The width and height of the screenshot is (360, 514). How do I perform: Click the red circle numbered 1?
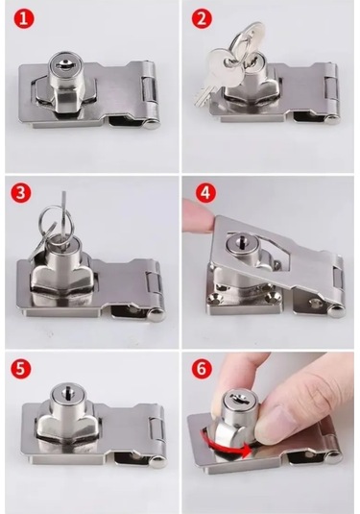pyautogui.click(x=24, y=18)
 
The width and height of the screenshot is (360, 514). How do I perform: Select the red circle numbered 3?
pyautogui.click(x=20, y=192)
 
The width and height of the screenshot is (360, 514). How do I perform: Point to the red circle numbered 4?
pyautogui.click(x=205, y=193)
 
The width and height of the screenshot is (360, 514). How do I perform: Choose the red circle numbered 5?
pyautogui.click(x=20, y=368)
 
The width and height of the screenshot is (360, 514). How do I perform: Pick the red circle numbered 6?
pyautogui.click(x=202, y=368)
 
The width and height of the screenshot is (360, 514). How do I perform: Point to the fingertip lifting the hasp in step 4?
pyautogui.click(x=197, y=214)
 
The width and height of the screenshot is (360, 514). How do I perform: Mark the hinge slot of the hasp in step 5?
pyautogui.click(x=155, y=430)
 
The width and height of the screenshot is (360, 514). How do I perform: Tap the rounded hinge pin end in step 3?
pyautogui.click(x=156, y=315)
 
